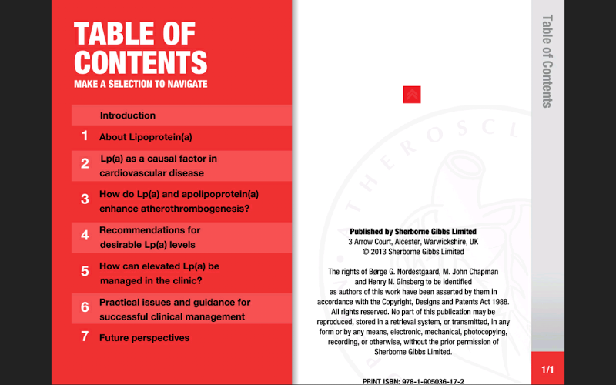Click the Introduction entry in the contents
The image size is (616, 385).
[128, 115]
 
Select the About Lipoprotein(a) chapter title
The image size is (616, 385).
[146, 137]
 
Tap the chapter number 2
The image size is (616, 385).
[85, 163]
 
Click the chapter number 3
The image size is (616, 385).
[85, 199]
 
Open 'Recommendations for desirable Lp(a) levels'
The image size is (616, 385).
[149, 237]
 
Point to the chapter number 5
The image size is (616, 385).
[85, 271]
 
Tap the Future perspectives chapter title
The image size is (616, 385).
[144, 337]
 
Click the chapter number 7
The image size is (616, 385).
[85, 336]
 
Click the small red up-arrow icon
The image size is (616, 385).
[412, 95]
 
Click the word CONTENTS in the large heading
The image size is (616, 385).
[141, 62]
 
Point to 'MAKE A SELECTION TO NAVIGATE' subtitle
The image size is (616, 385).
[141, 84]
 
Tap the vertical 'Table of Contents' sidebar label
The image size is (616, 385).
[547, 61]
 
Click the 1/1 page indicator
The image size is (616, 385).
[547, 370]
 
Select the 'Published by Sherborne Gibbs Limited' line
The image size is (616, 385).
[413, 231]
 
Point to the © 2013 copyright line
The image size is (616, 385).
[413, 251]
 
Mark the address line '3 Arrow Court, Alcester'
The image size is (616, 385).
[413, 241]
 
